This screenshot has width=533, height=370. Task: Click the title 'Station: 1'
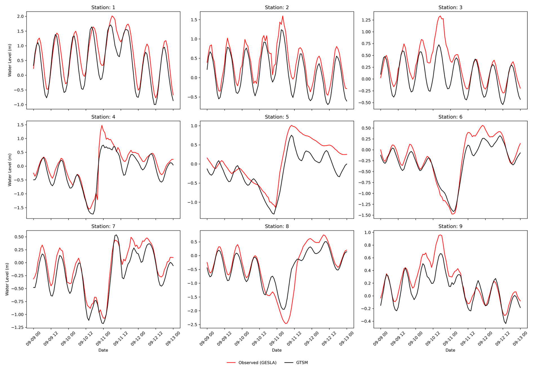[x=103, y=7]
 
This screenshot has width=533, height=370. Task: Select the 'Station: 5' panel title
[x=277, y=117]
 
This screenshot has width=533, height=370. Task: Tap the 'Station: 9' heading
[x=450, y=226]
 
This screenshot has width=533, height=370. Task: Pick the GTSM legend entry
[x=302, y=363]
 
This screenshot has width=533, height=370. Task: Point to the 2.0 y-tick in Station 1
[x=20, y=16]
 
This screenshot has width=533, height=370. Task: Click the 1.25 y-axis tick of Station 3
[x=366, y=20]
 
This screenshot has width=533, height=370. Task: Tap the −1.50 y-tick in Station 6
[x=364, y=215]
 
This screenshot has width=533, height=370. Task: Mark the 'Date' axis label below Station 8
[x=277, y=350]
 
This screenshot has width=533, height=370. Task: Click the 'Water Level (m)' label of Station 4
[x=10, y=170]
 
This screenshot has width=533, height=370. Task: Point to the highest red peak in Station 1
[x=112, y=16]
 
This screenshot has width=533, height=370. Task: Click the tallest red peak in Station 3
[x=440, y=16]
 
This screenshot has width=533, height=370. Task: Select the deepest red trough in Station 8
[x=286, y=323]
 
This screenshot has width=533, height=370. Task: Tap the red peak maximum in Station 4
[x=102, y=125]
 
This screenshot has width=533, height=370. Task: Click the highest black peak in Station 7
[x=116, y=235]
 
